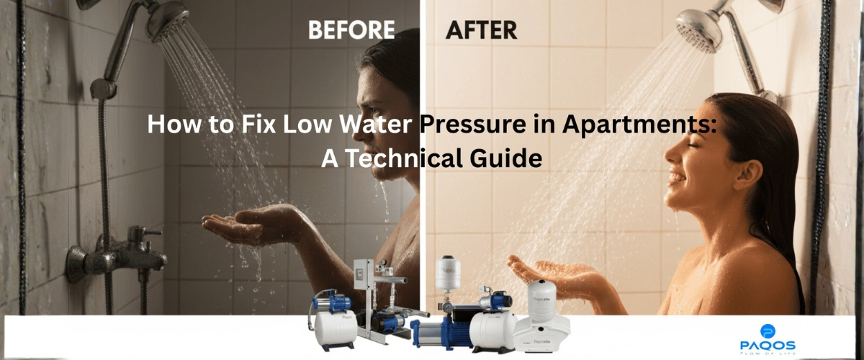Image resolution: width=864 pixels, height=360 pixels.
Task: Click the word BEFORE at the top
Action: (351, 30)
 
